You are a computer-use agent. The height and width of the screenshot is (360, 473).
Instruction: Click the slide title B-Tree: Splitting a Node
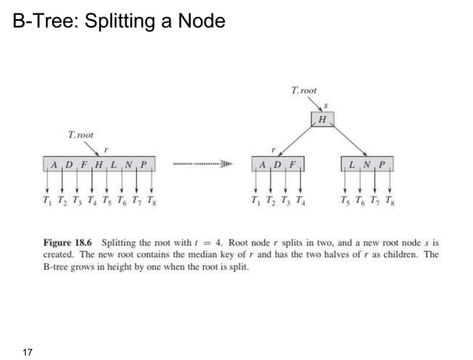pos(119,21)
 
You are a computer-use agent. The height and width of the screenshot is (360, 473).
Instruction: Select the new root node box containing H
pos(322,119)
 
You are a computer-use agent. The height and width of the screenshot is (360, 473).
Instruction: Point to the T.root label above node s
pos(304,90)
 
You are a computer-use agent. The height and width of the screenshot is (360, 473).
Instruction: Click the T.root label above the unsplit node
pos(81,135)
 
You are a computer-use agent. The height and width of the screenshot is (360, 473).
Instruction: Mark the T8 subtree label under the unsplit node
pos(151,200)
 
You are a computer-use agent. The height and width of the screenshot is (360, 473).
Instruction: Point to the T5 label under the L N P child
pos(344,200)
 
